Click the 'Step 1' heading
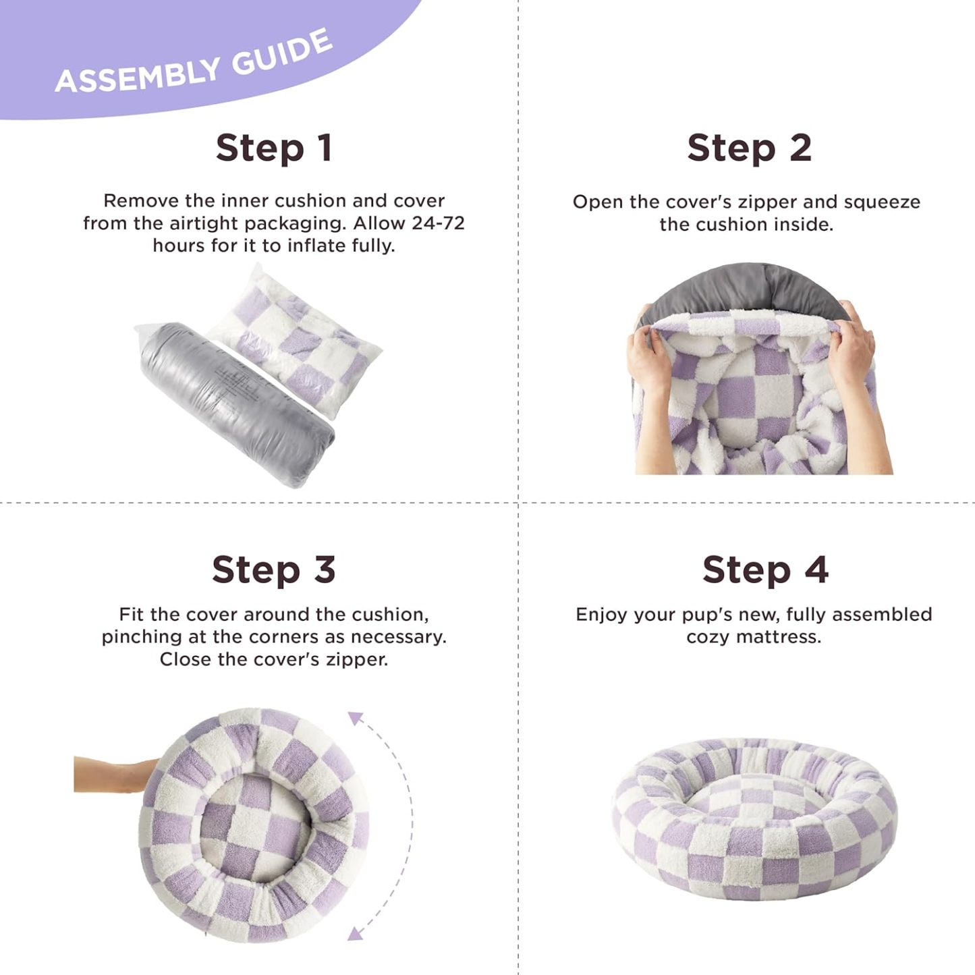[x=274, y=148]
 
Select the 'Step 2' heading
[x=749, y=148]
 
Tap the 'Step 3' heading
[x=274, y=569]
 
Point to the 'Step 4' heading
[x=765, y=569]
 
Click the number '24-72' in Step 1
[x=438, y=223]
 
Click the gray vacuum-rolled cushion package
[x=236, y=405]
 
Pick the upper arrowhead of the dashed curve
[x=356, y=719]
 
